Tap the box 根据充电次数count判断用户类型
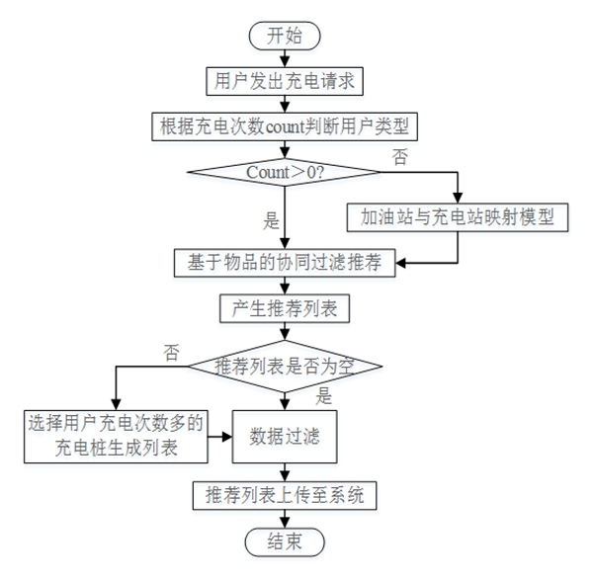click(x=285, y=127)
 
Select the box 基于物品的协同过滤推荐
click(x=285, y=263)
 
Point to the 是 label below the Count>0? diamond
click(x=269, y=220)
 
